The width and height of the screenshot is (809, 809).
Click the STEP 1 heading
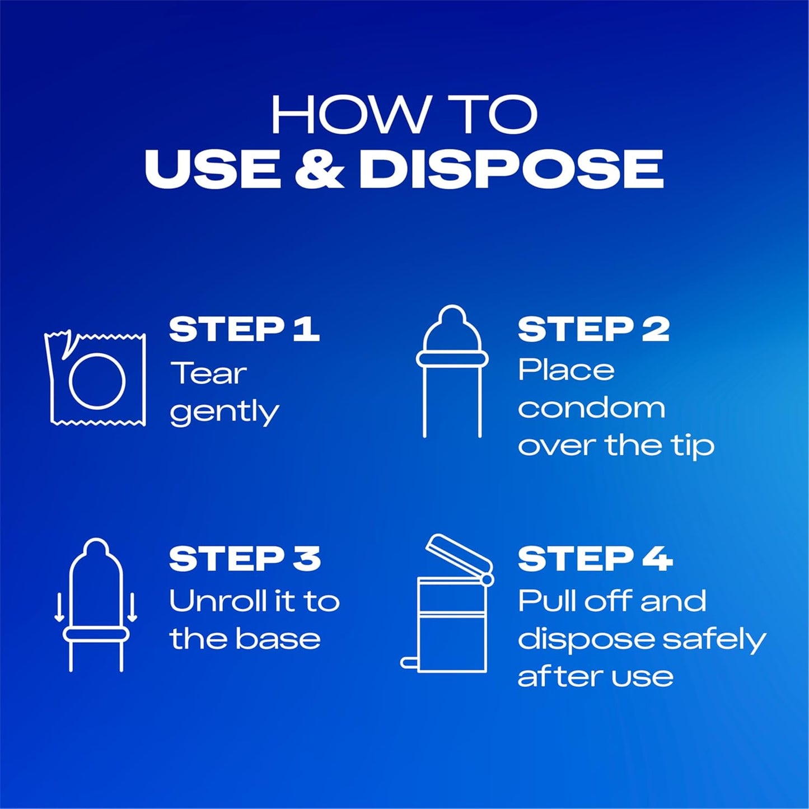tap(244, 330)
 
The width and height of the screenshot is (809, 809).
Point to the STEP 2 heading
tap(593, 330)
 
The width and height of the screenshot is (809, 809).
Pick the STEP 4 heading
tap(595, 559)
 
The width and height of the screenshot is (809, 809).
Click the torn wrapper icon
tap(95, 378)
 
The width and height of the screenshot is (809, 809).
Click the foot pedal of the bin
tap(409, 662)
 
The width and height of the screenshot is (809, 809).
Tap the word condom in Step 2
tap(592, 408)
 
